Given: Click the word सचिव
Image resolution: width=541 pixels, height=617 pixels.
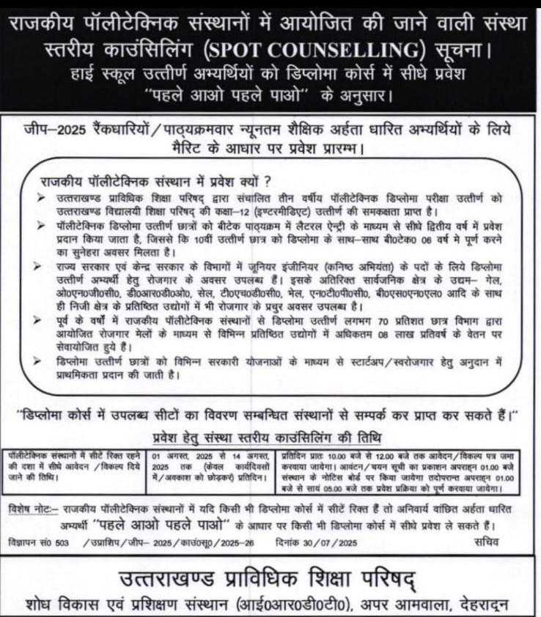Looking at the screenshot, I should coord(485,543).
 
